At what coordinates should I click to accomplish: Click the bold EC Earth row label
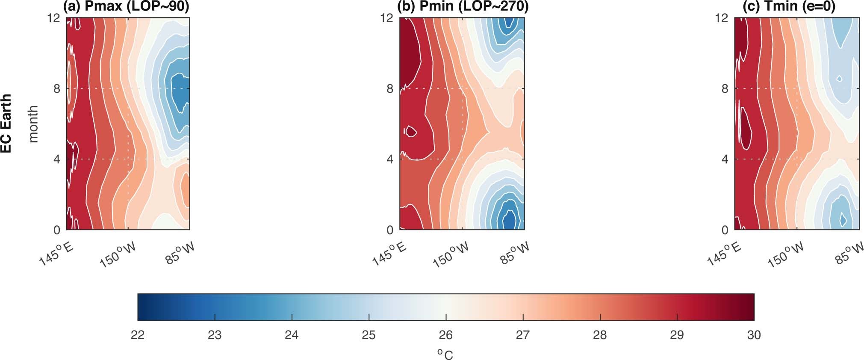(x=6, y=124)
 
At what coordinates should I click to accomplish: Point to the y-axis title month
(x=33, y=124)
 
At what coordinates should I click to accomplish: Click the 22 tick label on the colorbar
(x=138, y=335)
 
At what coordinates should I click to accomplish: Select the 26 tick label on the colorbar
(x=446, y=335)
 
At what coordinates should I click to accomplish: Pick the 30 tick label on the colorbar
(x=754, y=335)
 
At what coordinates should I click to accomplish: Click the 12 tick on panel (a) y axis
(x=54, y=18)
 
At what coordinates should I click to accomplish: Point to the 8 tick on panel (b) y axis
(x=389, y=89)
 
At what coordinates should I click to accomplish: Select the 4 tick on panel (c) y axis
(x=725, y=159)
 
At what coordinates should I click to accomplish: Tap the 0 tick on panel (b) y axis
(x=389, y=230)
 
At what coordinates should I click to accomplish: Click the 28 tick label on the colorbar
(x=600, y=335)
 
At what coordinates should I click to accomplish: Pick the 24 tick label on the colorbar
(x=292, y=335)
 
